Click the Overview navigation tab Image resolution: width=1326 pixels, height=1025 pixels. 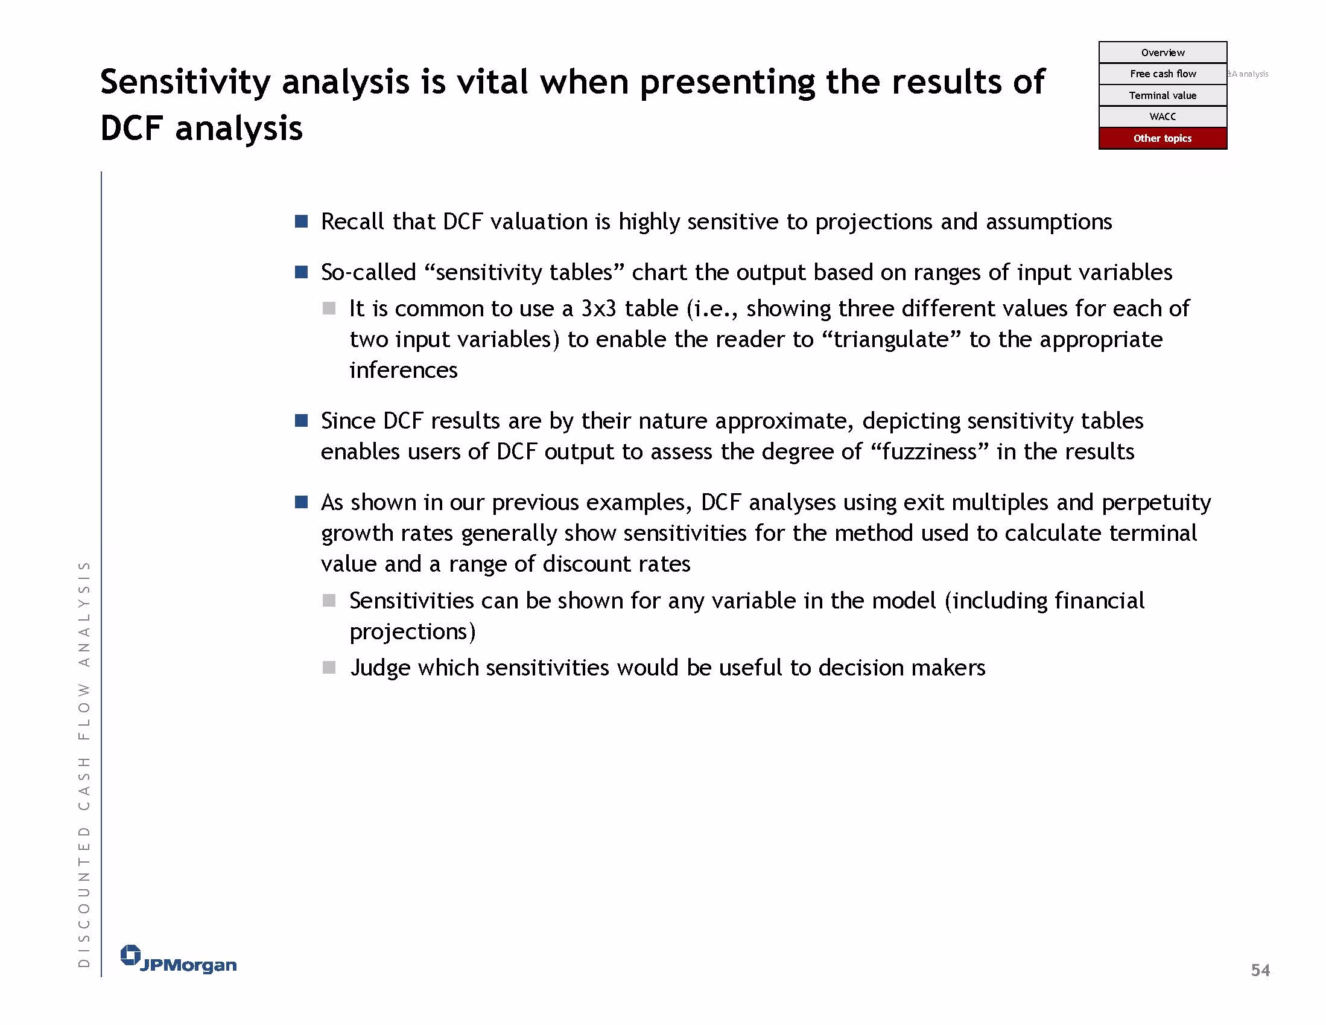tap(1162, 53)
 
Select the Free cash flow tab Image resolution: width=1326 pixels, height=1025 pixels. tap(1162, 74)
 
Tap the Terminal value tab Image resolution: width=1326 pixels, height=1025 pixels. tap(1162, 95)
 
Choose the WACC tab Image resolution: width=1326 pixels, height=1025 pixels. tap(1162, 117)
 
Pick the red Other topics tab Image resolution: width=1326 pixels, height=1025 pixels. tap(1162, 138)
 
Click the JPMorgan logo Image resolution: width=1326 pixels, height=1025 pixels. tap(179, 960)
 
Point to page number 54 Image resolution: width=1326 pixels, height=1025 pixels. tap(1260, 970)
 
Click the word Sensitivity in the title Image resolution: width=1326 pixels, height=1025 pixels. tap(186, 83)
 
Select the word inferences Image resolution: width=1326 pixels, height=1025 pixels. tap(403, 370)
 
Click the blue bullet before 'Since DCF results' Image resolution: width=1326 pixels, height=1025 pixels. tap(301, 421)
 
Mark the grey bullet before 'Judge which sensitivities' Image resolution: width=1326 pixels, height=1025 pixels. tap(329, 668)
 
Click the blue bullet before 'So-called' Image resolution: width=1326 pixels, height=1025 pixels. tap(301, 272)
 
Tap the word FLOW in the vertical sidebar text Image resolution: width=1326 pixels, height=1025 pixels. tap(84, 711)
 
